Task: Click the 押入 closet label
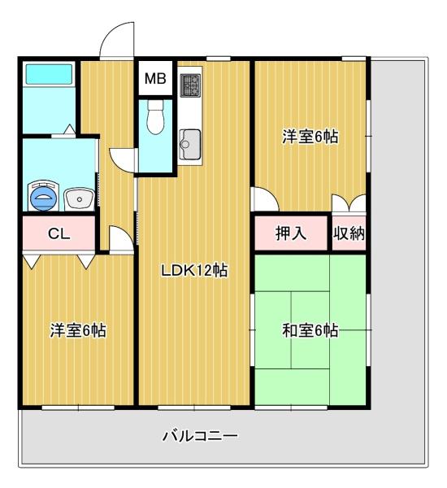click(290, 234)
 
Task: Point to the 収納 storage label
click(349, 234)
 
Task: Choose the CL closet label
click(59, 234)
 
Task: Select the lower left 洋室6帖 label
click(77, 330)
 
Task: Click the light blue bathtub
click(49, 76)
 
